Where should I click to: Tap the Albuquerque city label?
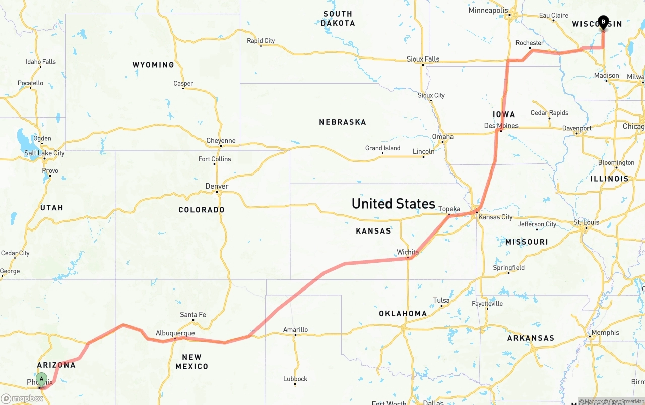click(x=175, y=333)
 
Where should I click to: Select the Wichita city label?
click(x=408, y=252)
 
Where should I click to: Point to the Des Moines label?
click(x=501, y=126)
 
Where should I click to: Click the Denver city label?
click(x=217, y=186)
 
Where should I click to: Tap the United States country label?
click(x=393, y=204)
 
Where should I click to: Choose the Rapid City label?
click(x=261, y=41)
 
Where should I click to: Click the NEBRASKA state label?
click(x=342, y=122)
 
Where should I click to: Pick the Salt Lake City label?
click(x=44, y=153)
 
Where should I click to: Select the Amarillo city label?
click(x=295, y=330)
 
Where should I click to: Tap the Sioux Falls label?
click(x=423, y=59)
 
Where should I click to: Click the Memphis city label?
click(x=605, y=333)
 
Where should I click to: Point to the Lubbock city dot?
click(x=295, y=384)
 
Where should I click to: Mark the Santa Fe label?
click(x=193, y=315)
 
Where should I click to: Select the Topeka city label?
click(x=449, y=209)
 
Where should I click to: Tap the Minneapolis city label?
click(x=488, y=11)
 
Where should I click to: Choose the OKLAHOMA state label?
click(x=403, y=314)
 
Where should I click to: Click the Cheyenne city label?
click(x=221, y=141)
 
